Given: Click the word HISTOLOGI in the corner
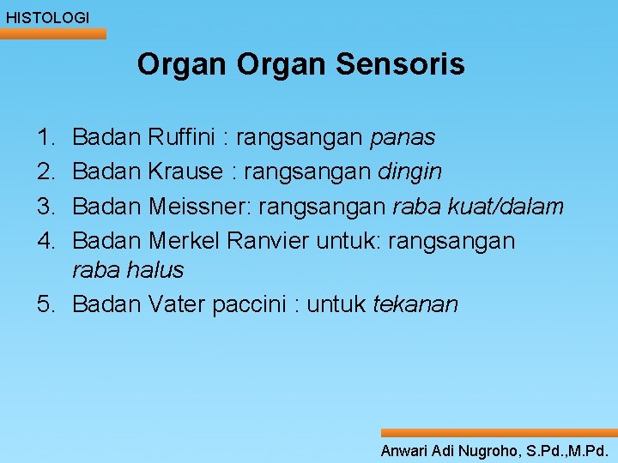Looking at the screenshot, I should [47, 17].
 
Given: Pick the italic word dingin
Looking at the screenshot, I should [409, 172].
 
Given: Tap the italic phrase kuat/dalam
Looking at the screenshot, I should [506, 207].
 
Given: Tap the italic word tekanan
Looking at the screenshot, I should [415, 304].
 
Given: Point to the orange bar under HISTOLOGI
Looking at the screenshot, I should [53, 34].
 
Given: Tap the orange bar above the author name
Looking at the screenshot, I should [499, 434].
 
